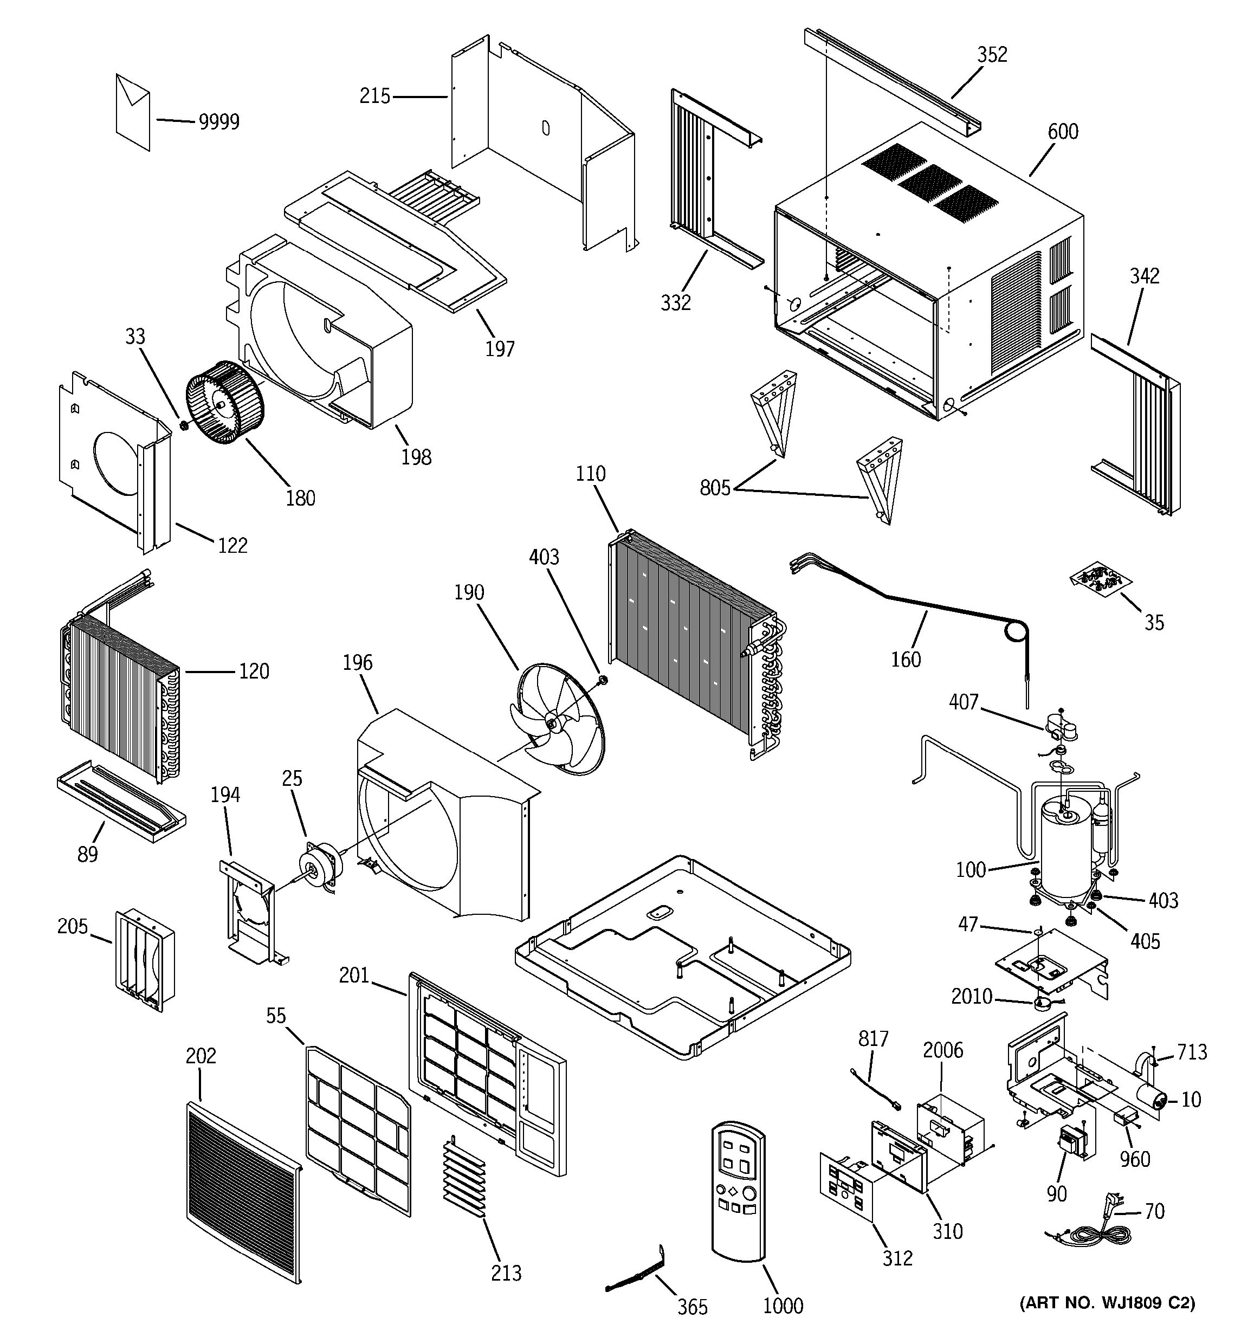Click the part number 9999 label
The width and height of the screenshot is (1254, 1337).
pos(218,122)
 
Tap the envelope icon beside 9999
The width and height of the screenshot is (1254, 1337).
pos(132,111)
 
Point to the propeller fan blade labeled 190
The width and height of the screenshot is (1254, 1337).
pos(559,722)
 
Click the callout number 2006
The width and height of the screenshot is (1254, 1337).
pos(943,1050)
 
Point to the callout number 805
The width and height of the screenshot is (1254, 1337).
pos(715,488)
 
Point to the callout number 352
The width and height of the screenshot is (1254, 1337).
pos(992,55)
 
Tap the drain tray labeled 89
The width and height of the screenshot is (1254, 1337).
pos(121,802)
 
